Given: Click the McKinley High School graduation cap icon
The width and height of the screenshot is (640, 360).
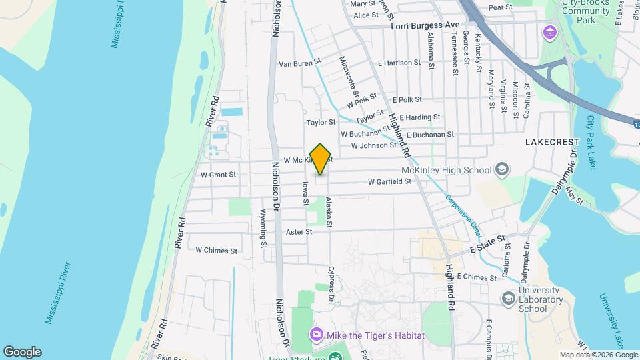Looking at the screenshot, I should (501, 169).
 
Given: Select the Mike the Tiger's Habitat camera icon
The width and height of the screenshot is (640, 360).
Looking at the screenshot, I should (316, 335).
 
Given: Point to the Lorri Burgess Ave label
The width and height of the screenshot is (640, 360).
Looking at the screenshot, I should (426, 25).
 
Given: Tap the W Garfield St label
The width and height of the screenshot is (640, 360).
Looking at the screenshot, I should (389, 181).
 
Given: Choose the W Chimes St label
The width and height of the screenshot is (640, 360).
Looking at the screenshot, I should (216, 251).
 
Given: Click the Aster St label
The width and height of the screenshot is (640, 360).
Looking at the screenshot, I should (299, 232).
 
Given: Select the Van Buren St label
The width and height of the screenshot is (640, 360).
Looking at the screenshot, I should (299, 63).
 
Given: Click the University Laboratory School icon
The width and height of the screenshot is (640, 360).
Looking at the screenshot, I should (509, 298).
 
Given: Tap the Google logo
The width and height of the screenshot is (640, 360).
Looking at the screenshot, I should (22, 352).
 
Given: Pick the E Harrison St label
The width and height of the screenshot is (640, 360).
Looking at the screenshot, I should (399, 63).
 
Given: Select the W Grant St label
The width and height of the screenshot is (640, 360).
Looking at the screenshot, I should (218, 175).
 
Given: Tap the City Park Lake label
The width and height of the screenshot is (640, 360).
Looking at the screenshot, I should (591, 143).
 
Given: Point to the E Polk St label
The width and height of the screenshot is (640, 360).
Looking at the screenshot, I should (407, 99).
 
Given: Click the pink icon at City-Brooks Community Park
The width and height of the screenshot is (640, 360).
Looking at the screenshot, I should (550, 32).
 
